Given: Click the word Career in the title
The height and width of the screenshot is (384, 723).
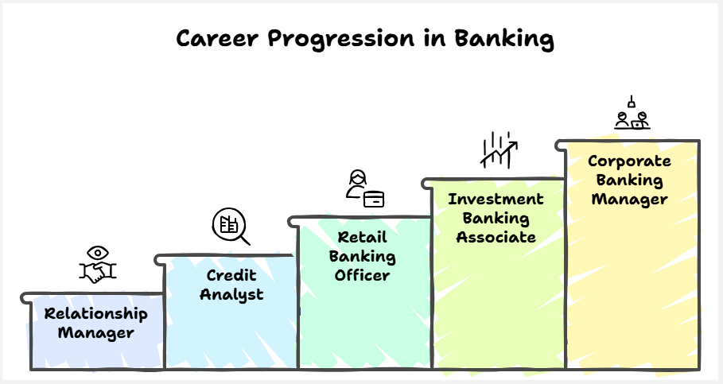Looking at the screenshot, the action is tap(217, 38).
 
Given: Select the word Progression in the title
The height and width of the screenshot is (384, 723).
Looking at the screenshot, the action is tap(341, 40).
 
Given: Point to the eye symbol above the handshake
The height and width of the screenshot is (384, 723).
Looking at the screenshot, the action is tap(98, 253).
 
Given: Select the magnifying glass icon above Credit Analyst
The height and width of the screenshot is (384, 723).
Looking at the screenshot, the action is tap(231, 227).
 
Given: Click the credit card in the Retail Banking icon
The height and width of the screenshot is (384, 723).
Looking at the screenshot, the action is tap(374, 200).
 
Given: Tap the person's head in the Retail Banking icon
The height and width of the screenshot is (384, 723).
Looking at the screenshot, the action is tap(358, 177).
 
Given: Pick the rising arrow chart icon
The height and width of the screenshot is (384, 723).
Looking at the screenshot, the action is tap(499, 149).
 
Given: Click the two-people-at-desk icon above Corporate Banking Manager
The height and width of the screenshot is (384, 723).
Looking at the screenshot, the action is tap(632, 120).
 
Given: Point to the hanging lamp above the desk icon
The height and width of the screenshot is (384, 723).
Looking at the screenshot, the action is tap(632, 102).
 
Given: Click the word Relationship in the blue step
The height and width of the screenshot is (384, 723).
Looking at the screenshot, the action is tap(96, 314).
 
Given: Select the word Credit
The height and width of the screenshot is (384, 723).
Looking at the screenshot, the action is tap(231, 275).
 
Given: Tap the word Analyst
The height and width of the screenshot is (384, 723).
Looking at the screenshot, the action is tap(231, 295).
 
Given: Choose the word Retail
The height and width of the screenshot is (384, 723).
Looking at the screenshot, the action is tap(363, 237).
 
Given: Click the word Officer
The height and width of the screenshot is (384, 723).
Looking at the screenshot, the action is tap(363, 276).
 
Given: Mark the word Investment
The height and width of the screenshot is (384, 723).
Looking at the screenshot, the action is tap(496, 199).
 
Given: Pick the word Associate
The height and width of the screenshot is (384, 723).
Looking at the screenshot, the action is tap(496, 237).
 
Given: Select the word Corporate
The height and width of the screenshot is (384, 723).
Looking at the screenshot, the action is tap(629, 161).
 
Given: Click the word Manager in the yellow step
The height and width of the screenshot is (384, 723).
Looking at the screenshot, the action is tap(629, 200).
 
